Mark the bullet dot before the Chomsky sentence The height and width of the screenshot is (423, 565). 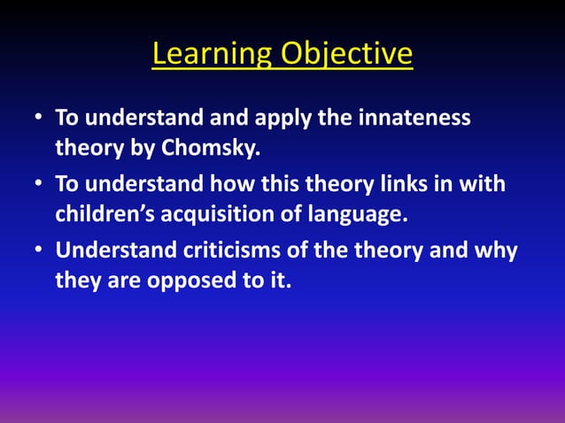click(x=40, y=119)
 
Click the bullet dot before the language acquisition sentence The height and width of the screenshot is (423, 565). click(x=40, y=186)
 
